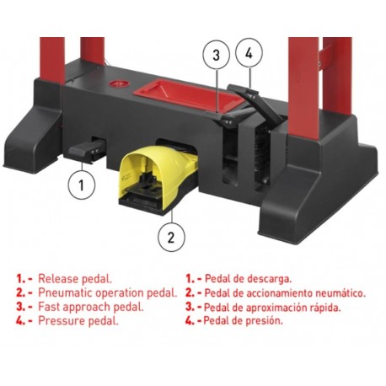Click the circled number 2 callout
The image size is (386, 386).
point(171,237)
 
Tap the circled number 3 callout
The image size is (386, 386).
point(216,56)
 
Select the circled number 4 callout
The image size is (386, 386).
point(248,54)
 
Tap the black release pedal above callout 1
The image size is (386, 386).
point(88,152)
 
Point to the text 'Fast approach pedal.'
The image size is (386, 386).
point(88,307)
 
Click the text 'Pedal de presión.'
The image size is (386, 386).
point(245,320)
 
